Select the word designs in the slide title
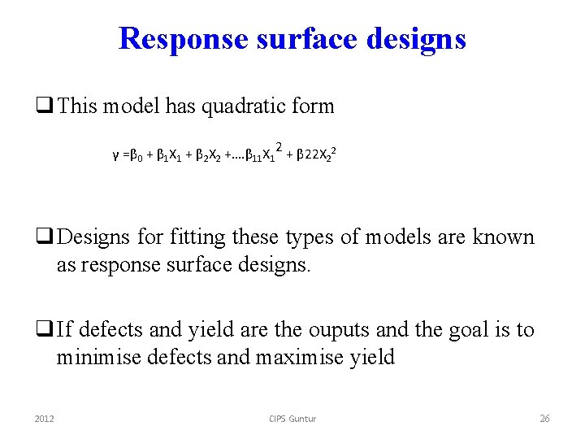click(x=416, y=39)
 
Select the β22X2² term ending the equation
click(x=313, y=152)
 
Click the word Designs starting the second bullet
click(x=92, y=237)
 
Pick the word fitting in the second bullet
click(x=192, y=237)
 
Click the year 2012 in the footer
click(x=45, y=418)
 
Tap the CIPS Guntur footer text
click(x=292, y=418)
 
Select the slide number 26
click(x=544, y=418)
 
